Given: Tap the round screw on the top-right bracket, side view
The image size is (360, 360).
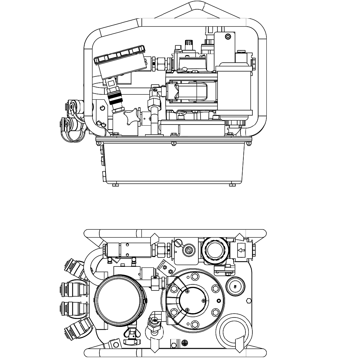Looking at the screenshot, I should [227, 37].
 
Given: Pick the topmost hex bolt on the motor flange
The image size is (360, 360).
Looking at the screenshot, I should [195, 276].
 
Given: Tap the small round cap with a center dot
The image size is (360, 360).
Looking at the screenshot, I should [235, 287].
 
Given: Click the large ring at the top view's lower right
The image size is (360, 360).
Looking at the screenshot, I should [233, 333].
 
